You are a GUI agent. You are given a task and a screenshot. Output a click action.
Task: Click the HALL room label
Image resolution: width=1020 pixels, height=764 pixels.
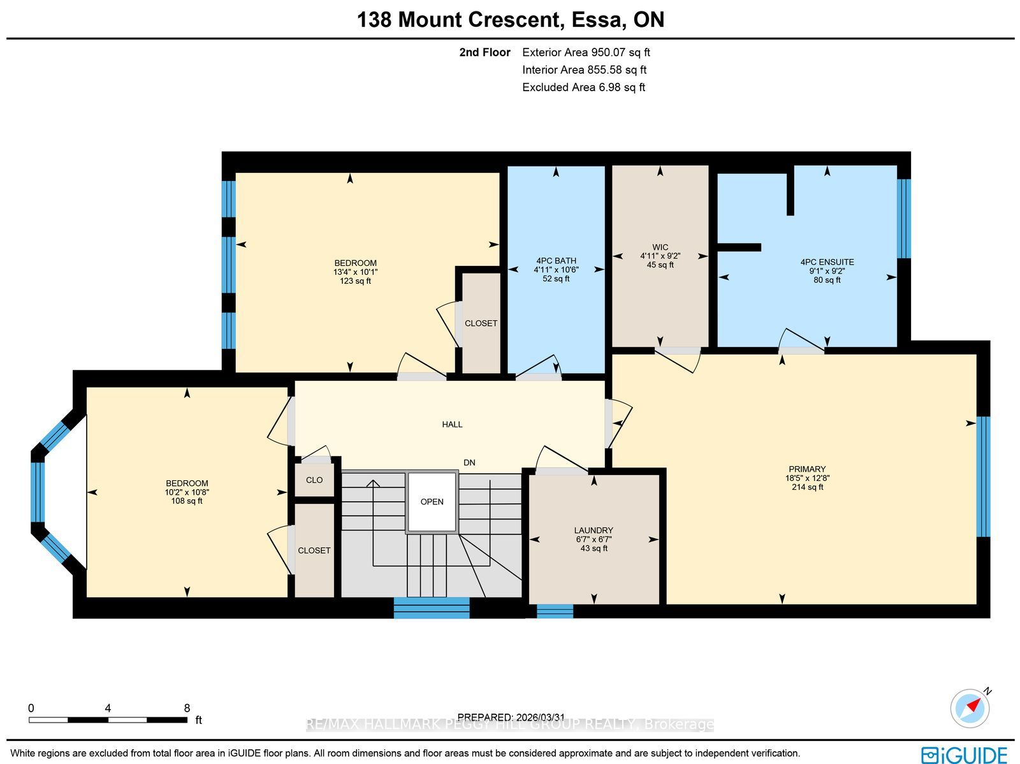coord(452,424)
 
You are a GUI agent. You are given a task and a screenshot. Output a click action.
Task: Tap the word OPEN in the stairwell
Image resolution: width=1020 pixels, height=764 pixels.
coord(432,502)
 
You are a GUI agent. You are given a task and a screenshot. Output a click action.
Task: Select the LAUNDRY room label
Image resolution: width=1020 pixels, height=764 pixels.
coord(594,530)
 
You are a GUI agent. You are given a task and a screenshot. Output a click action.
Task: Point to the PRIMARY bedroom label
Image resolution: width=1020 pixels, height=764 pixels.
coord(807,469)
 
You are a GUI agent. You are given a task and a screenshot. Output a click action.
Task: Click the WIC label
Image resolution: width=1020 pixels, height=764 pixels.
coord(660,247)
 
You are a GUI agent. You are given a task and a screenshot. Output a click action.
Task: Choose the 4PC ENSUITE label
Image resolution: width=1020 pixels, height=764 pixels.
coord(827,262)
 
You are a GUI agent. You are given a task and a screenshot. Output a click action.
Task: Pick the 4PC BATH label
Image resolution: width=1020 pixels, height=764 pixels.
coord(556,261)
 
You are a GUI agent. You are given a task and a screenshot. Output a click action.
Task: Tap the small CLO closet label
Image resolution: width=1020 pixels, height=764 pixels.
coord(314,480)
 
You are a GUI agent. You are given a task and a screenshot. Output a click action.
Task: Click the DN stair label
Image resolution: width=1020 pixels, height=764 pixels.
coord(469,462)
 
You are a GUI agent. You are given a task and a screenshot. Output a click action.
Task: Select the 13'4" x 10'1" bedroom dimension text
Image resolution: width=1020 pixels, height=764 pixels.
coord(356,272)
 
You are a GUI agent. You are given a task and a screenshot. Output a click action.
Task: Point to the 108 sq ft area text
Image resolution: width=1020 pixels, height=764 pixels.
coord(187,501)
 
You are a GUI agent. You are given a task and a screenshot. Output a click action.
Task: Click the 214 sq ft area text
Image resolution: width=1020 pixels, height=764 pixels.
coord(808,487)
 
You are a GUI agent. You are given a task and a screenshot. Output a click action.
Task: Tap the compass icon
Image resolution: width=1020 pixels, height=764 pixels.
coord(970,708)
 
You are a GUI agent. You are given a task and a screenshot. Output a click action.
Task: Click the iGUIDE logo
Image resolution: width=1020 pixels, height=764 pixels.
coord(964,754)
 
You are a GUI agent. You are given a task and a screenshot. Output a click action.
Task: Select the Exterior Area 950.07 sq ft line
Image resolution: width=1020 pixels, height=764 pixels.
coord(586,52)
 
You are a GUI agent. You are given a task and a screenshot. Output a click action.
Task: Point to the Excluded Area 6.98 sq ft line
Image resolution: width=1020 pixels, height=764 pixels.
coord(584,87)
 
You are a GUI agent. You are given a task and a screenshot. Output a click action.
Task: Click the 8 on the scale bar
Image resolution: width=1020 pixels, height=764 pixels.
coord(187,709)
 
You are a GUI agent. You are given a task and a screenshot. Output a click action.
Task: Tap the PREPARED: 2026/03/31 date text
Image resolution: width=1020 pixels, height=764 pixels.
coord(511,717)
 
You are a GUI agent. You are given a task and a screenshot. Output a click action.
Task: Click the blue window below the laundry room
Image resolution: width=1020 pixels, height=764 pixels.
coord(555,611)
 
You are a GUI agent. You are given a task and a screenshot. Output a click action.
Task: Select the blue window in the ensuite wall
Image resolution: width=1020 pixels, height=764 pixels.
coord(904,218)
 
